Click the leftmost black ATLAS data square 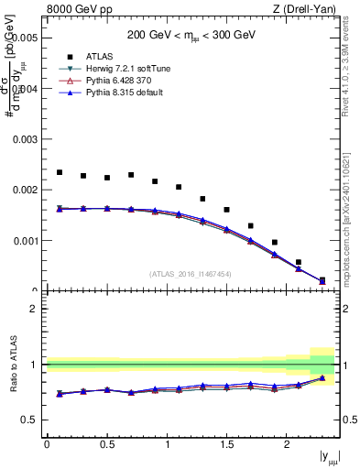[60, 172]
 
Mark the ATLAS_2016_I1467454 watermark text [191, 273]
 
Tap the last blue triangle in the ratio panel [322, 377]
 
